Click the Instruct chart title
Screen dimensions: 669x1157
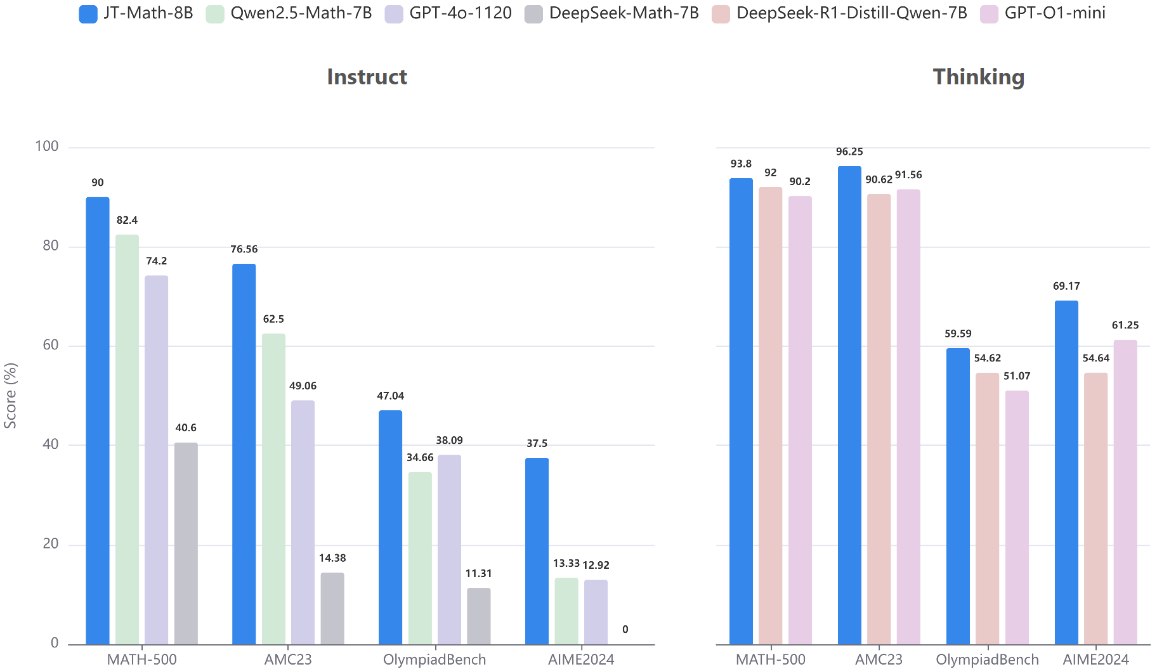click(367, 77)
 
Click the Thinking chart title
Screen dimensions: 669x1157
click(978, 77)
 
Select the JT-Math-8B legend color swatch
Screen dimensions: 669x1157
click(88, 14)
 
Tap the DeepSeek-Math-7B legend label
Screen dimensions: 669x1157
click(624, 13)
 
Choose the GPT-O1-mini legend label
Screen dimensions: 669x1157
click(1055, 13)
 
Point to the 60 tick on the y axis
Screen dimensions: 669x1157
click(51, 345)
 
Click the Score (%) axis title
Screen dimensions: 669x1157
click(10, 395)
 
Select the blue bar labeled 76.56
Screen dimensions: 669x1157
click(244, 453)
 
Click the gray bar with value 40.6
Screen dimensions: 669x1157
click(186, 543)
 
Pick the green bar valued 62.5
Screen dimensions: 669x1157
click(273, 488)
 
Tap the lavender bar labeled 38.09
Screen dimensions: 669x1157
click(449, 549)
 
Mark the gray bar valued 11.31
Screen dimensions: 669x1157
click(478, 616)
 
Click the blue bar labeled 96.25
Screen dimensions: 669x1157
click(849, 405)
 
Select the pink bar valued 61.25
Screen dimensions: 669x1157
click(1125, 491)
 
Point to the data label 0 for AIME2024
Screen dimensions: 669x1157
click(625, 629)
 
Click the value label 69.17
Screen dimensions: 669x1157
click(1066, 286)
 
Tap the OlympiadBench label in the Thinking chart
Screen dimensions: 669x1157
click(987, 659)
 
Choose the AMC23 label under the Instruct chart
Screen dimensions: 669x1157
click(288, 659)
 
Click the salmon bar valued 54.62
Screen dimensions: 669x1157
click(987, 508)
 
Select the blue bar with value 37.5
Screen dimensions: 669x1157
click(537, 550)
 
